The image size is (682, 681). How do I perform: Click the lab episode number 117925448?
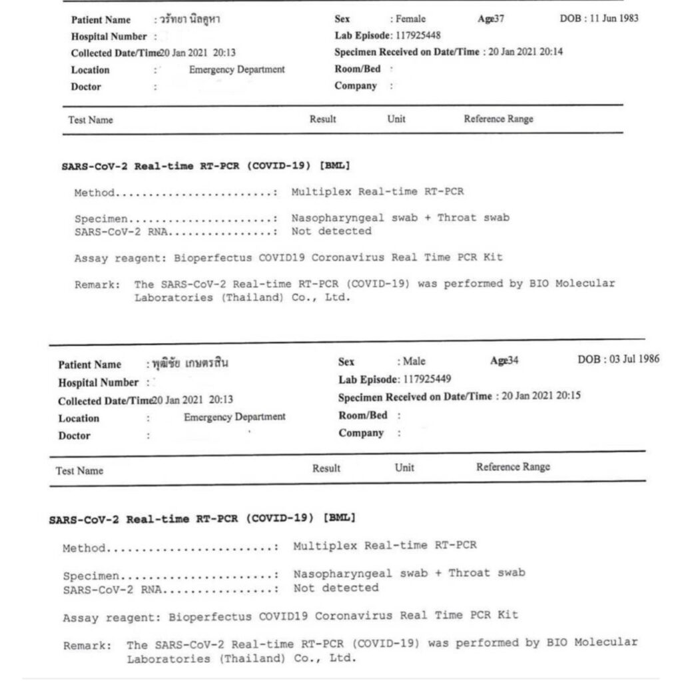418,35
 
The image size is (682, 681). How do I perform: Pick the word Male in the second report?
414,362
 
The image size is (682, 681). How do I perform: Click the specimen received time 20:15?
569,395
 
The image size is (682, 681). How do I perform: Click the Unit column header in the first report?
396,119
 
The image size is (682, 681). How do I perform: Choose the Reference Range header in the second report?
513,466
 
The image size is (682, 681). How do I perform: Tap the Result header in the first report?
323,119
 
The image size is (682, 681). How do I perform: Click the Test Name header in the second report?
79,470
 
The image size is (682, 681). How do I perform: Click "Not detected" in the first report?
331,231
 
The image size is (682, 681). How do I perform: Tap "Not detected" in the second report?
336,588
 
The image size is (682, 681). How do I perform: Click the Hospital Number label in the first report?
109,37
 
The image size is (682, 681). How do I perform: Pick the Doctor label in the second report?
75,436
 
